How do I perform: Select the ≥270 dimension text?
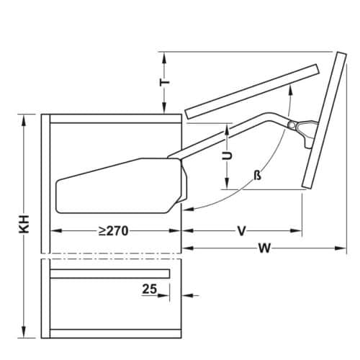click(114, 231)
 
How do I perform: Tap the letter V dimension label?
click(243, 231)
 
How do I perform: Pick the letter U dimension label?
click(227, 155)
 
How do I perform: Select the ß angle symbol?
click(257, 176)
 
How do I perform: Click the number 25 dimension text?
click(149, 288)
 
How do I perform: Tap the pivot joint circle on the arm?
click(291, 126)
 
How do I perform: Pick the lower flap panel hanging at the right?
click(323, 122)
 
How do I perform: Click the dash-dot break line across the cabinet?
click(112, 256)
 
